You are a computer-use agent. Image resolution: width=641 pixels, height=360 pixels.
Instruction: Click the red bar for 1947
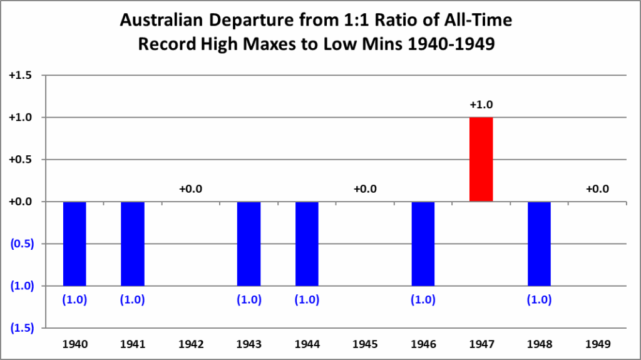pyautogui.click(x=481, y=159)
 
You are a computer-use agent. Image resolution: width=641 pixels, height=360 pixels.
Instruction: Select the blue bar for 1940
pyautogui.click(x=74, y=244)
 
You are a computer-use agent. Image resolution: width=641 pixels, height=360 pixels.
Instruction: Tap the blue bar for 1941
pyautogui.click(x=133, y=244)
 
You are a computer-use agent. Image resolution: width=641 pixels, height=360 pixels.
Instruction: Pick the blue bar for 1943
pyautogui.click(x=249, y=244)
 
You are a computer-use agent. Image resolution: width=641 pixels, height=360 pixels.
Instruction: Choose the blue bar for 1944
pyautogui.click(x=307, y=244)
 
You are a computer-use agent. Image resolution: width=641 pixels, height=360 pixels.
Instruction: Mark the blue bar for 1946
pyautogui.click(x=423, y=244)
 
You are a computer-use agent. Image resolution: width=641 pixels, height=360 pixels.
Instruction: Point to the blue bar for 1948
pyautogui.click(x=539, y=244)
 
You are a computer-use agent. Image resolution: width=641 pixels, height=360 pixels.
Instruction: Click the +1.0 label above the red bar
pyautogui.click(x=481, y=105)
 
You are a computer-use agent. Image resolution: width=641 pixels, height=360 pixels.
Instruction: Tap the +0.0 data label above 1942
pyautogui.click(x=191, y=188)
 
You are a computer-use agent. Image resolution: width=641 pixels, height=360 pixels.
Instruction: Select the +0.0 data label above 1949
pyautogui.click(x=597, y=188)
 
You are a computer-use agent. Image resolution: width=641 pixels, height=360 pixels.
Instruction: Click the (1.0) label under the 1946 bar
pyautogui.click(x=423, y=299)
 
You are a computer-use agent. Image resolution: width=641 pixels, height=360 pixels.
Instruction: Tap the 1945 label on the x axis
pyautogui.click(x=365, y=344)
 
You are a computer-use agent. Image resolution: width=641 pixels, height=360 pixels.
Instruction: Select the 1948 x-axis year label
pyautogui.click(x=539, y=344)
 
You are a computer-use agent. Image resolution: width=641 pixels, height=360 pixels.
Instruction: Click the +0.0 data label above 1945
pyautogui.click(x=365, y=188)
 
